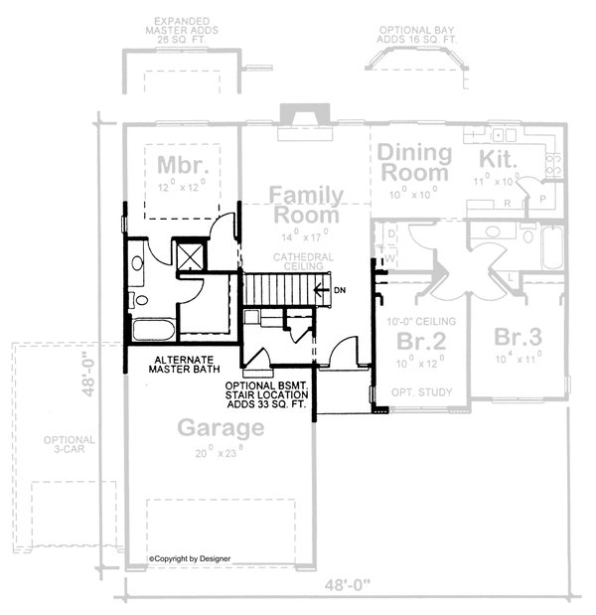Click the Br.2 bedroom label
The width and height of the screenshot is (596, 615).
click(418, 341)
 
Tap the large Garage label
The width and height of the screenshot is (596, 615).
click(221, 428)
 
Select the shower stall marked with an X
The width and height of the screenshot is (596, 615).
click(187, 256)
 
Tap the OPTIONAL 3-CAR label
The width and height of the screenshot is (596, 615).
click(69, 446)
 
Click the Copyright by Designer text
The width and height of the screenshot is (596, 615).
click(190, 558)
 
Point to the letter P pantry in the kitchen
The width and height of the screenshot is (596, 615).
click(542, 198)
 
